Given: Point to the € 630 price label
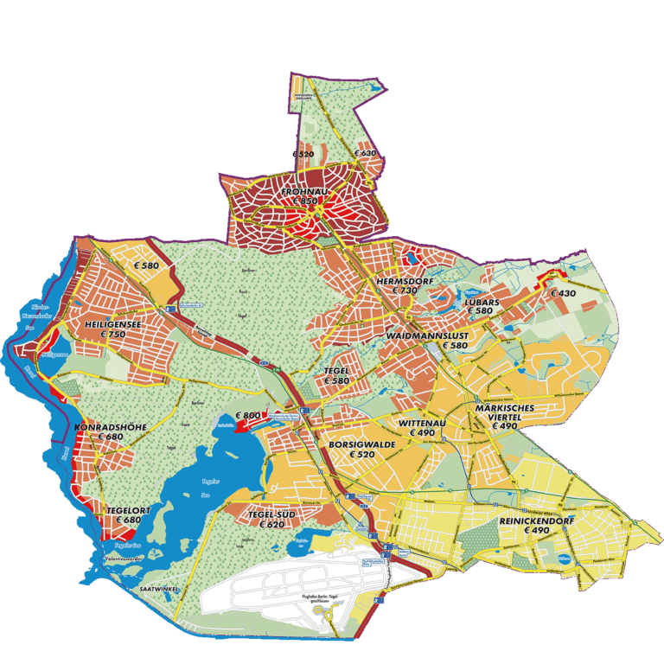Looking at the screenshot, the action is (x=366, y=153).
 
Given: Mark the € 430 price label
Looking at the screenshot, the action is (x=563, y=293).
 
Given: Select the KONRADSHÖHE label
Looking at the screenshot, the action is (x=111, y=427).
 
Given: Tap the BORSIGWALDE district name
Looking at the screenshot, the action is (x=362, y=444).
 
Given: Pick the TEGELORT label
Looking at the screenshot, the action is (x=128, y=510).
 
